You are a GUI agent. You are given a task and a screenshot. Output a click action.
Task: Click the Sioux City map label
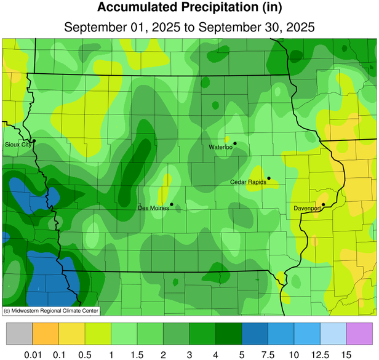tap(17, 145)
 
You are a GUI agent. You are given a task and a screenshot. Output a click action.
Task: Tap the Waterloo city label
tap(220, 148)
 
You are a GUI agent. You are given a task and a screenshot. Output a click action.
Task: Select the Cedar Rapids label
tap(248, 182)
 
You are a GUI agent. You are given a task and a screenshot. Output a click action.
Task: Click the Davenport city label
tap(307, 209)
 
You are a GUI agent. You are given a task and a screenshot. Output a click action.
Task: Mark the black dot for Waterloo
tap(235, 143)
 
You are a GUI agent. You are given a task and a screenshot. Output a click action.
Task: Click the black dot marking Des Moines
tap(172, 204)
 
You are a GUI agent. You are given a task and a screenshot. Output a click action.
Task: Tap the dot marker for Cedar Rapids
tap(269, 178)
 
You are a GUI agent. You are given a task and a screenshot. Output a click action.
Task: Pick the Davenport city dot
tap(324, 204)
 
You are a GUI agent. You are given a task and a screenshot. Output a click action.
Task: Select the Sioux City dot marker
tap(34, 141)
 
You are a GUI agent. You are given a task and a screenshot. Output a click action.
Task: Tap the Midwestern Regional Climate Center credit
tap(51, 310)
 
